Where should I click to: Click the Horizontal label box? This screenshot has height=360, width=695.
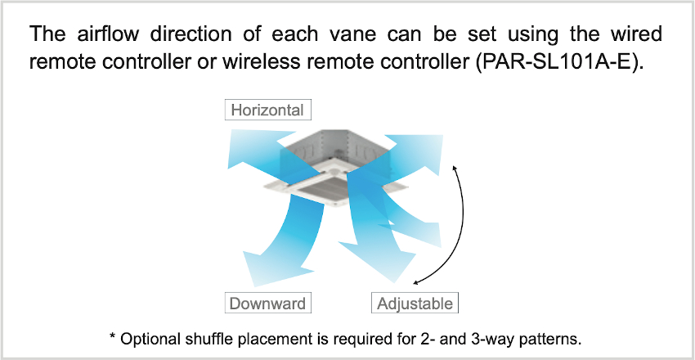[x=267, y=110]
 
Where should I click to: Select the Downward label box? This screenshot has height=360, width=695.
[x=267, y=304]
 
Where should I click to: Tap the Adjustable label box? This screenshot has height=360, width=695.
[x=415, y=304]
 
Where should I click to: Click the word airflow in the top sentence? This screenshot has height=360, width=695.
[x=113, y=34]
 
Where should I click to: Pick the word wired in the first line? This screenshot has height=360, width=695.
[x=635, y=34]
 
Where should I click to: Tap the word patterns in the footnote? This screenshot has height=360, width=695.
[x=551, y=340]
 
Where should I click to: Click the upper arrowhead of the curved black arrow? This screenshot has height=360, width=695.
[x=454, y=166]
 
